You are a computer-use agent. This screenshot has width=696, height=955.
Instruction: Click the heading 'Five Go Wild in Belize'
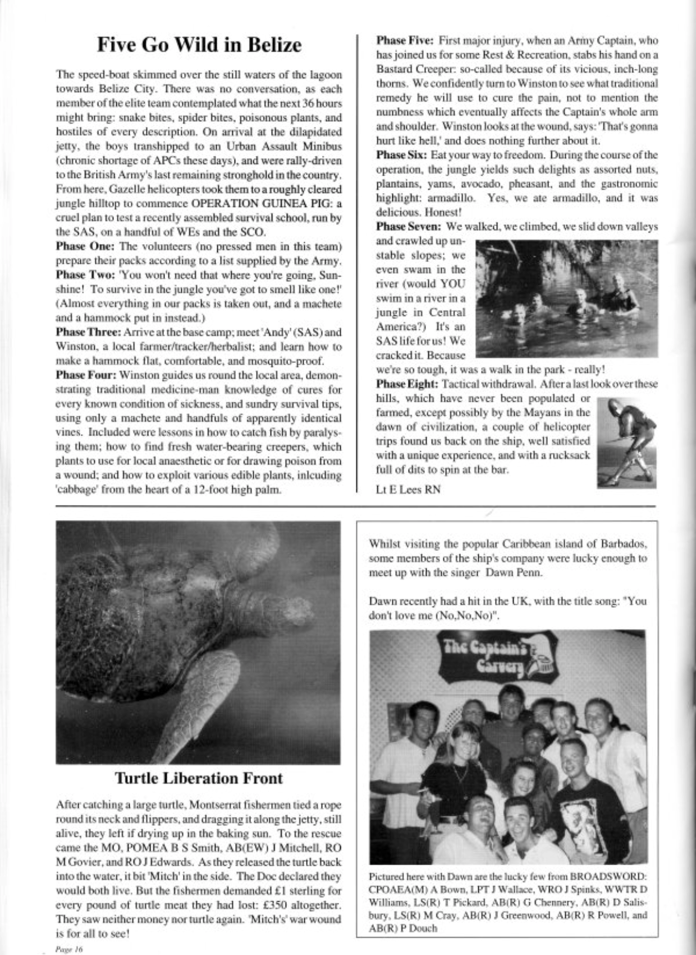pos(199,45)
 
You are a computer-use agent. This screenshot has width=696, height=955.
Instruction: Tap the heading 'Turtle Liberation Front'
pos(199,778)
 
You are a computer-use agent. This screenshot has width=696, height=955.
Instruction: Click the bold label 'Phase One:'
pos(85,246)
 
